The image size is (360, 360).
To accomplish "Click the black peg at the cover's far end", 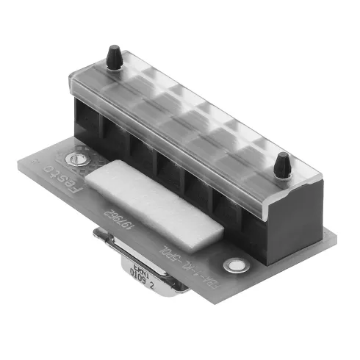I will [x=113, y=57].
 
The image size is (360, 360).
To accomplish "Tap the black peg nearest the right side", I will [x=281, y=165].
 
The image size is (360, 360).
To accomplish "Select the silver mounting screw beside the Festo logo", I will [x=73, y=156].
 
